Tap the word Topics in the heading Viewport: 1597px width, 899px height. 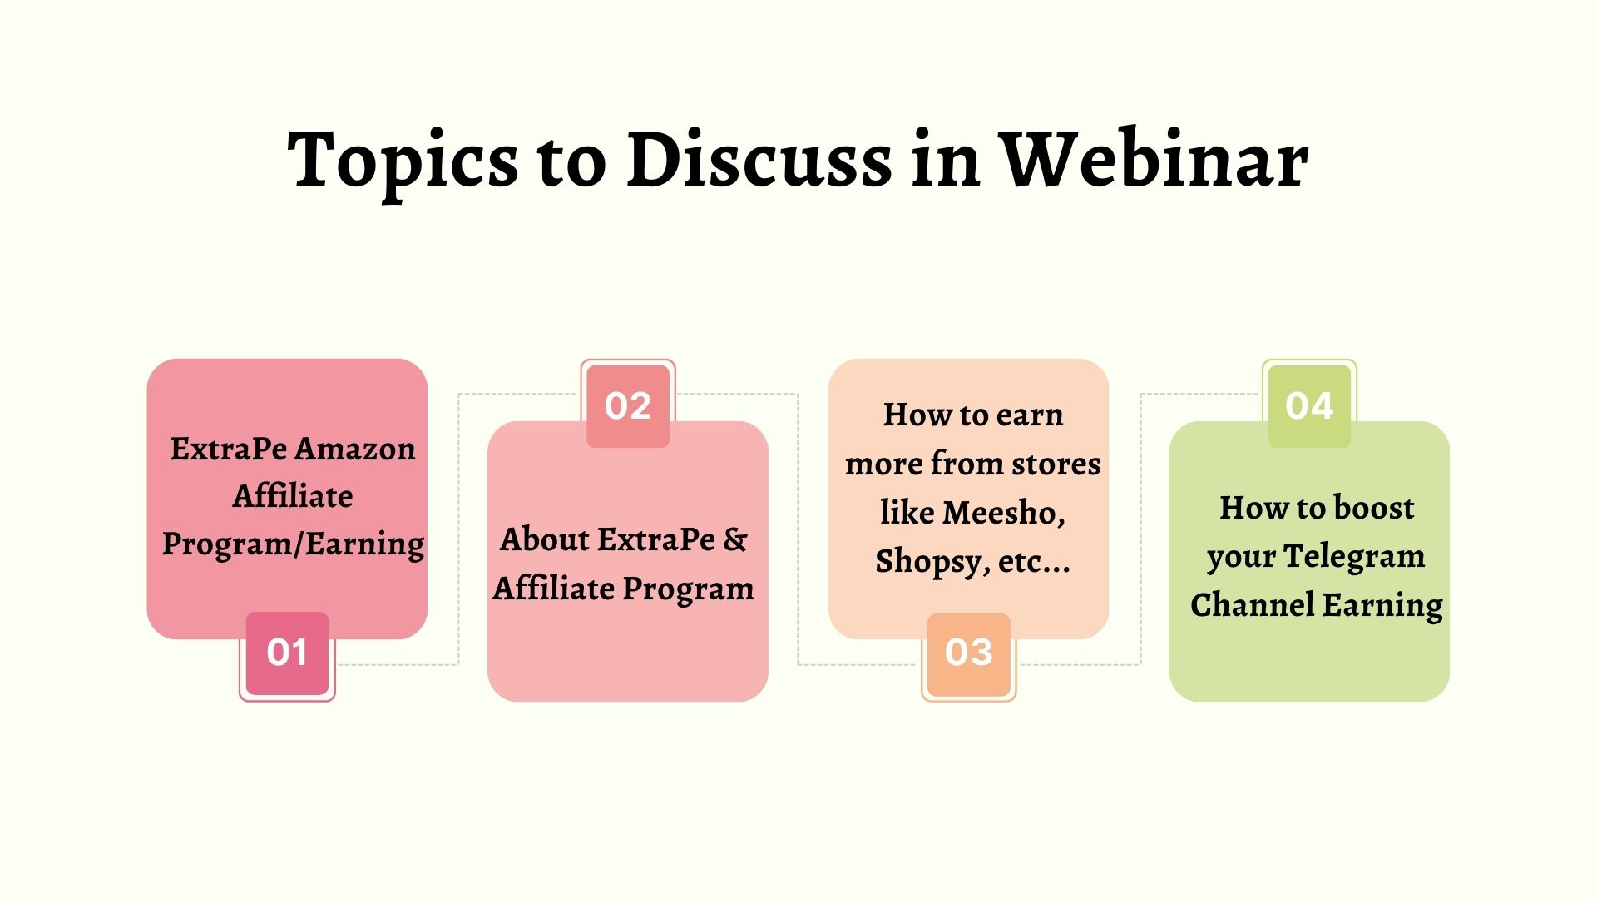[x=403, y=161]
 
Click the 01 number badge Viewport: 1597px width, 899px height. [x=287, y=653]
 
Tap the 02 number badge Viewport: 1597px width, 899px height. [x=628, y=406]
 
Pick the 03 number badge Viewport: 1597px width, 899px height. [x=969, y=653]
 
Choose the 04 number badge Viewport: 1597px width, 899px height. [x=1309, y=406]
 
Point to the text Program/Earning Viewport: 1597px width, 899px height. [x=293, y=544]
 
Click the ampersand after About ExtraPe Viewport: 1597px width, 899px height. [x=735, y=539]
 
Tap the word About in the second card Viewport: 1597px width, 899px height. [x=545, y=539]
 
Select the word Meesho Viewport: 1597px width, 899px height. [x=1003, y=513]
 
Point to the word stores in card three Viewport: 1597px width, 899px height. [x=1056, y=464]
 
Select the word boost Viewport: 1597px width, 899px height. [x=1374, y=508]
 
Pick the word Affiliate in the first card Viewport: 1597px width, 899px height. [x=293, y=496]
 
